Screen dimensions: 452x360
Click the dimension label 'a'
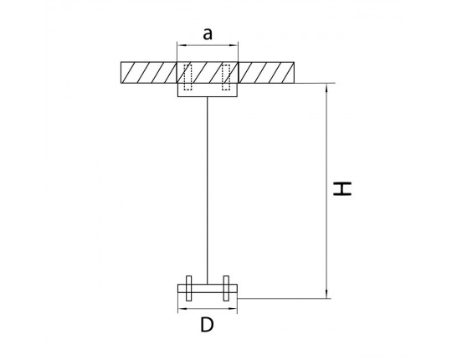(208, 34)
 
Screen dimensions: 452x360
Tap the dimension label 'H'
(342, 189)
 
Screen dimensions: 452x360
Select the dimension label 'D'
(207, 325)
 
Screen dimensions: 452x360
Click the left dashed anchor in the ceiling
(187, 77)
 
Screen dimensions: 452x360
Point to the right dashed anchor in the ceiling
(226, 77)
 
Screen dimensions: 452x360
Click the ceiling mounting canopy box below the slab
(208, 90)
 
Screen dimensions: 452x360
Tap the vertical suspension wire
(207, 191)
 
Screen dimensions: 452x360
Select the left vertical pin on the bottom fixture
(188, 288)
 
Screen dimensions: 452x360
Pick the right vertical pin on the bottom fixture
(226, 288)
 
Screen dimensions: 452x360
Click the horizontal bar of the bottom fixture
(208, 289)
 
